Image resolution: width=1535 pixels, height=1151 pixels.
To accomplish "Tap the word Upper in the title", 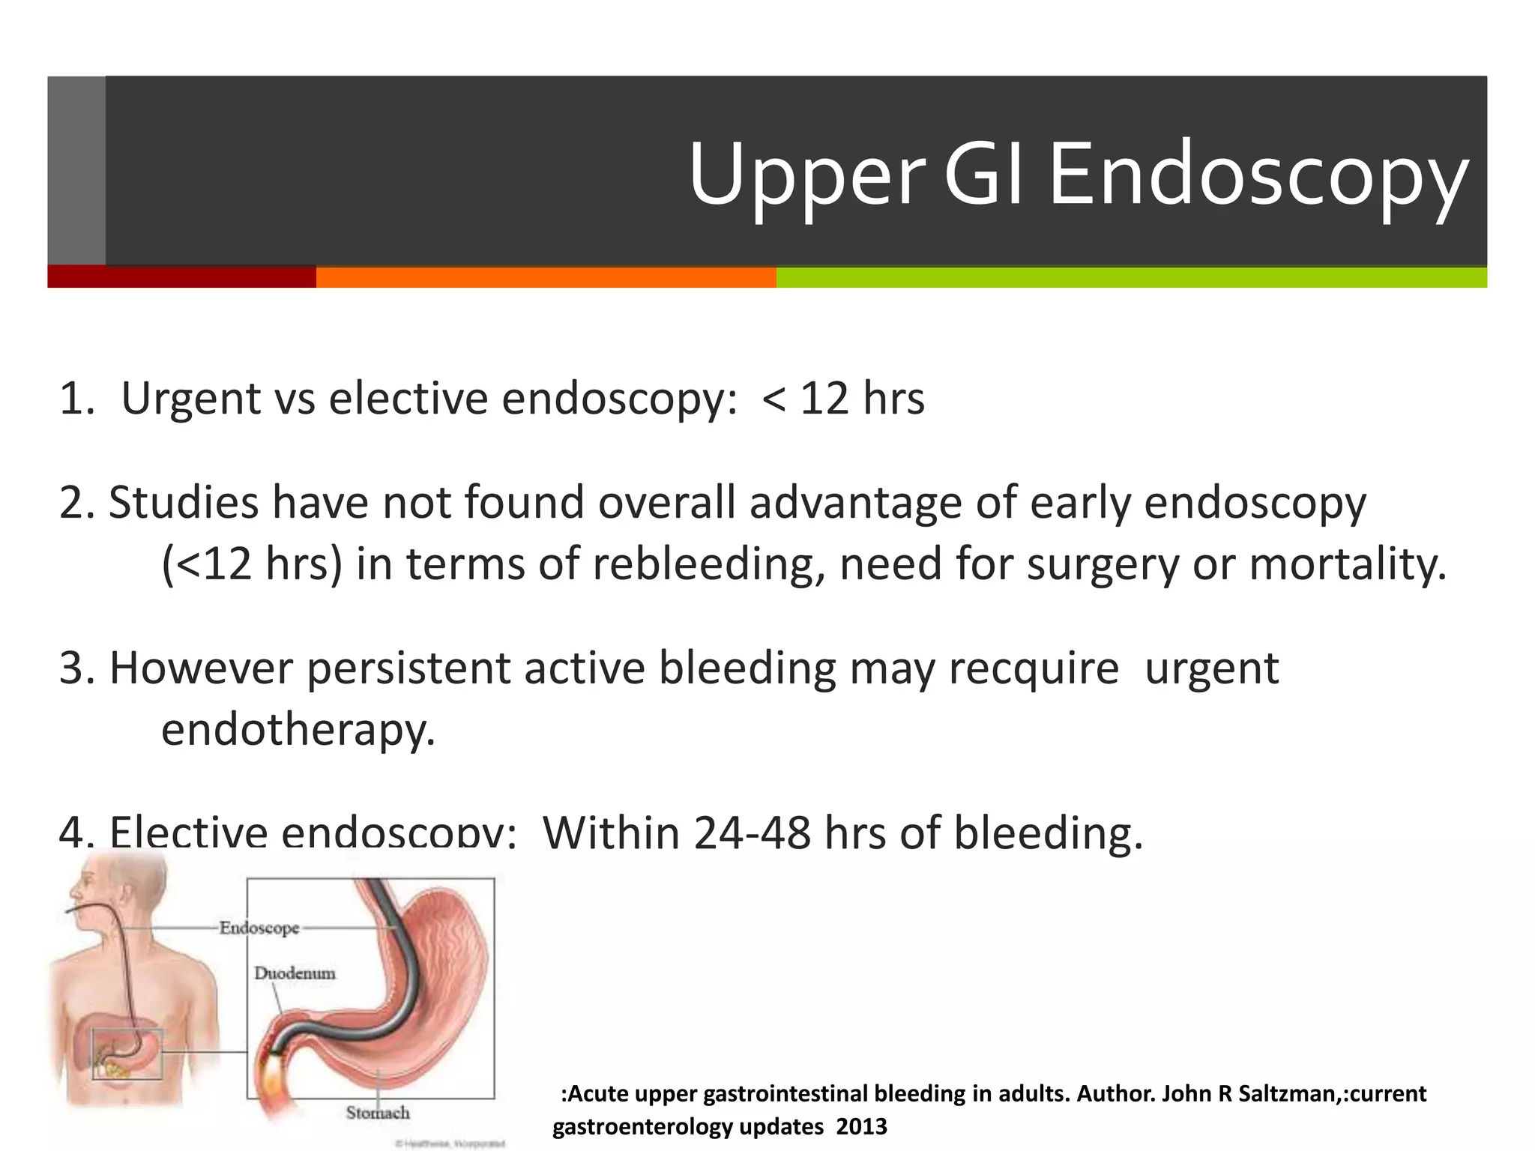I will [x=806, y=176].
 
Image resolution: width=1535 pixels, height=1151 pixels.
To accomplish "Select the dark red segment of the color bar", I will [x=181, y=277].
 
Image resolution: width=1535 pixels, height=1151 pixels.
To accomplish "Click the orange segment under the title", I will [x=546, y=277].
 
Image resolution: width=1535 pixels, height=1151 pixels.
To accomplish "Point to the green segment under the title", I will [x=1131, y=277].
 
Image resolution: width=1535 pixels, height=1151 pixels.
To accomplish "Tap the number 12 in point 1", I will [x=824, y=398].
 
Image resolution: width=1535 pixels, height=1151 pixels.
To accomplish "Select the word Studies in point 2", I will [x=184, y=502].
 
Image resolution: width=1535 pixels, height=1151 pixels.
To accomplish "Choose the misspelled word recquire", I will [x=1034, y=668].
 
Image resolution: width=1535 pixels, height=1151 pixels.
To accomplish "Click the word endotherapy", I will [x=298, y=729].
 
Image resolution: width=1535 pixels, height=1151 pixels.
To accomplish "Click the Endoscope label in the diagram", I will [x=259, y=928].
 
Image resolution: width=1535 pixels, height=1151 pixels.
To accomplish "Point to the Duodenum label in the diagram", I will [x=295, y=973].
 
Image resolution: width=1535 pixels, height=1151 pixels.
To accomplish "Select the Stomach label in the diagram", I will [x=378, y=1112].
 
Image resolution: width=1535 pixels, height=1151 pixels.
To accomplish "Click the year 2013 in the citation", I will [x=861, y=1126].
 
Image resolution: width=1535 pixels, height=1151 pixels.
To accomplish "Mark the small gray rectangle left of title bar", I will [x=76, y=170].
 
